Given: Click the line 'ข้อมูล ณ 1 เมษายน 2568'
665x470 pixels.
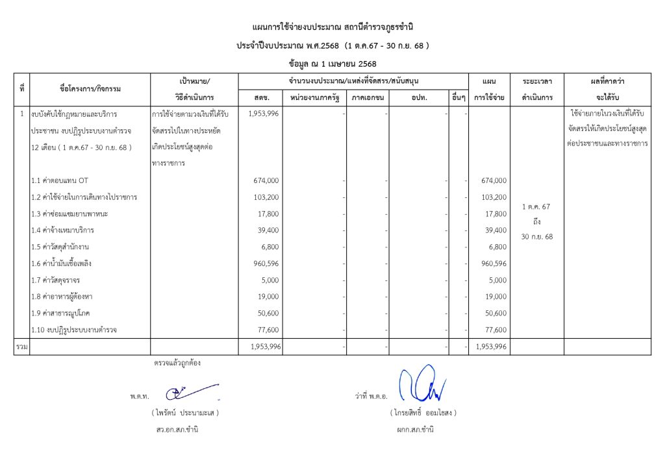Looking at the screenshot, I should coord(332,64).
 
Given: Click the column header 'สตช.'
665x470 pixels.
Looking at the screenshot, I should coord(261,98).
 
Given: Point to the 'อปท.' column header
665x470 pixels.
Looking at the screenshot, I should coord(419,98).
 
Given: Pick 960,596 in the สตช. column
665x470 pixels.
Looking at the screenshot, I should coord(266,264).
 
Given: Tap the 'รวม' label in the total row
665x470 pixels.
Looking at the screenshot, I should coord(21,347).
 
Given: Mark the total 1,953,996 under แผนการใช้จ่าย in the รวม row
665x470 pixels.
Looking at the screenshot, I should coord(491,347).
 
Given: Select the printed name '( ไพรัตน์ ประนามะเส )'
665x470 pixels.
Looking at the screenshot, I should coord(185,412).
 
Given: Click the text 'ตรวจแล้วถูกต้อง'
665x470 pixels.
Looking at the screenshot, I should coord(177,363).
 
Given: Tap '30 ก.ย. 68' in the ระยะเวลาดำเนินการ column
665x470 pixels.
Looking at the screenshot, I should coord(537,237).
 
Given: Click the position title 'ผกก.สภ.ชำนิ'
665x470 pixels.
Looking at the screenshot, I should coord(414,429).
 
